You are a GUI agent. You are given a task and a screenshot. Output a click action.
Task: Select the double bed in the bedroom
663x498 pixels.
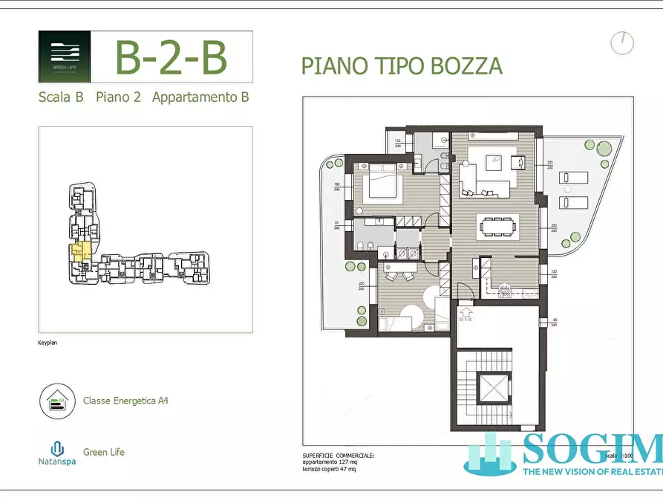tap(381, 184)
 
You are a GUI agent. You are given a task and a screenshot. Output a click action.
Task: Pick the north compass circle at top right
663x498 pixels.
tap(622, 43)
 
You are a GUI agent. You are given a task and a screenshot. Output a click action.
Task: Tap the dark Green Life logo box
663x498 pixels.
tap(65, 56)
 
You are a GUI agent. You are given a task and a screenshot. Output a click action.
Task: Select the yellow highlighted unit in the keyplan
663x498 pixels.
tap(80, 251)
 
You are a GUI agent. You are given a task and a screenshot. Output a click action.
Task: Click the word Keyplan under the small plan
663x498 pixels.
tap(48, 343)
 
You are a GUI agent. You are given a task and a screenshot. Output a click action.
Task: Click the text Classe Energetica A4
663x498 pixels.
tap(125, 401)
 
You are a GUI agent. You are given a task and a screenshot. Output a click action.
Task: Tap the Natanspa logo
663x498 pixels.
tap(57, 453)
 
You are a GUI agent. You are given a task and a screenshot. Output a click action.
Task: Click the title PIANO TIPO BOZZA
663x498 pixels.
tap(402, 65)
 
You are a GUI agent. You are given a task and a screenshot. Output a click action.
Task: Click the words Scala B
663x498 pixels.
tap(60, 97)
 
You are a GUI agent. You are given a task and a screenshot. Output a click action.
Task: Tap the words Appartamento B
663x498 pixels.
tap(200, 97)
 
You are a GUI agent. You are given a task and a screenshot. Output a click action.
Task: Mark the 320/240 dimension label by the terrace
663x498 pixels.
tap(550, 166)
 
